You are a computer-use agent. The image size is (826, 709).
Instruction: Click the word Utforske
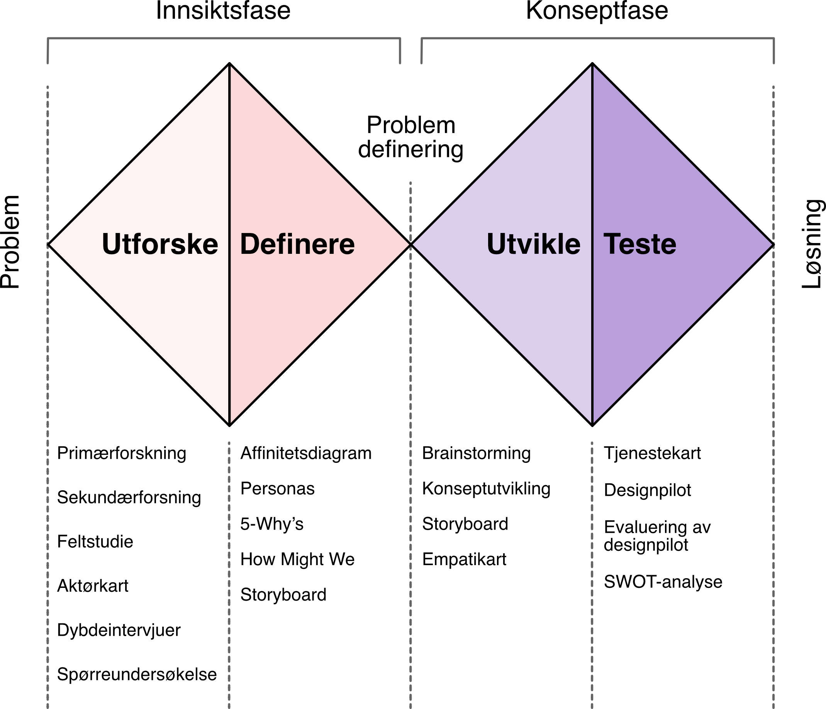pos(160,244)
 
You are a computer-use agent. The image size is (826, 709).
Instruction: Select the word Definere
pos(297,244)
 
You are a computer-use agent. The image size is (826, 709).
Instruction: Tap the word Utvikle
pos(533,244)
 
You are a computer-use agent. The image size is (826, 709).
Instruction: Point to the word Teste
pos(640,244)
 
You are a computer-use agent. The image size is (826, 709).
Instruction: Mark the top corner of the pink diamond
pos(230,67)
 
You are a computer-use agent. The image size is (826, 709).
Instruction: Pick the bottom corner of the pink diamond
pos(230,422)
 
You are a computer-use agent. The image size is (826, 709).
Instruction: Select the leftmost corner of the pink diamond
pos(51,245)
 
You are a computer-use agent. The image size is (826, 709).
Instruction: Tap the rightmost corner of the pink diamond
pos(408,245)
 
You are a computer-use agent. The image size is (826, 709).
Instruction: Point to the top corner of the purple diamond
pos(592,67)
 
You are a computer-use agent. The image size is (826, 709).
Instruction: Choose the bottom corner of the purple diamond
pos(592,422)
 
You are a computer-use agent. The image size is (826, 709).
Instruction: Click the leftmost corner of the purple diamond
pos(414,245)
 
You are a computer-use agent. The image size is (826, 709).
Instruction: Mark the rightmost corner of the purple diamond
pos(771,245)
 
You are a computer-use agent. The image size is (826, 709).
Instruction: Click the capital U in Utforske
pos(111,244)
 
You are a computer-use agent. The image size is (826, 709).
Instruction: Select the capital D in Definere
pos(250,244)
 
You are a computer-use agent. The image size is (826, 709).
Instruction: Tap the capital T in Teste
pos(612,244)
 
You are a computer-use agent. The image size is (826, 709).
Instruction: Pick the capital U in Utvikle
pos(496,244)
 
